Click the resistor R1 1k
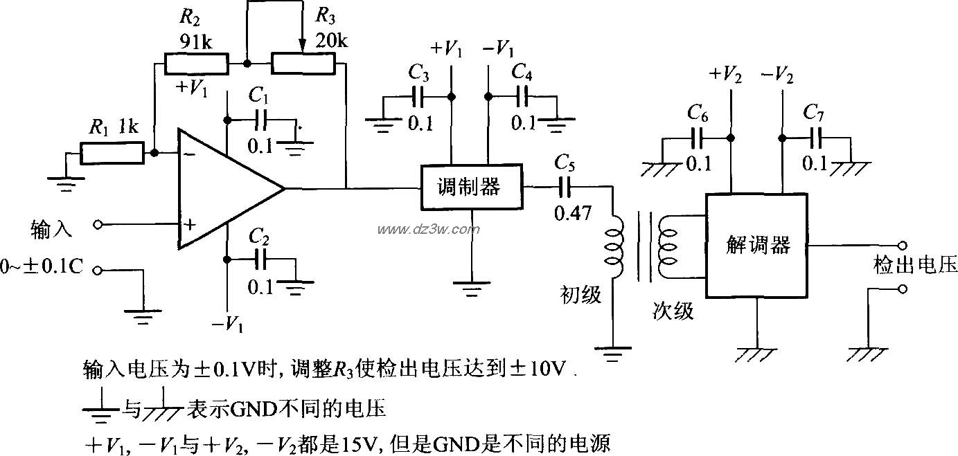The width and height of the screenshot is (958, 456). coord(112,153)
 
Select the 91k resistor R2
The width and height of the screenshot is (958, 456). coord(196,64)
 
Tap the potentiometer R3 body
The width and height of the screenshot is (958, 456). coord(303,64)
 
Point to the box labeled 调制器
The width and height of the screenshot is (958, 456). coord(472,187)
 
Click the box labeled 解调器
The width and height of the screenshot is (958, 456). coord(756,244)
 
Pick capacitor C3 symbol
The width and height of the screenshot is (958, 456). coord(417,95)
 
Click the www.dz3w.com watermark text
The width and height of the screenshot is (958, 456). coord(420,229)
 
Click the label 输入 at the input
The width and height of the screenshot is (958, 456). coord(52,228)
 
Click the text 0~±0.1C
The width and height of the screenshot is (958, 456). coord(43,268)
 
